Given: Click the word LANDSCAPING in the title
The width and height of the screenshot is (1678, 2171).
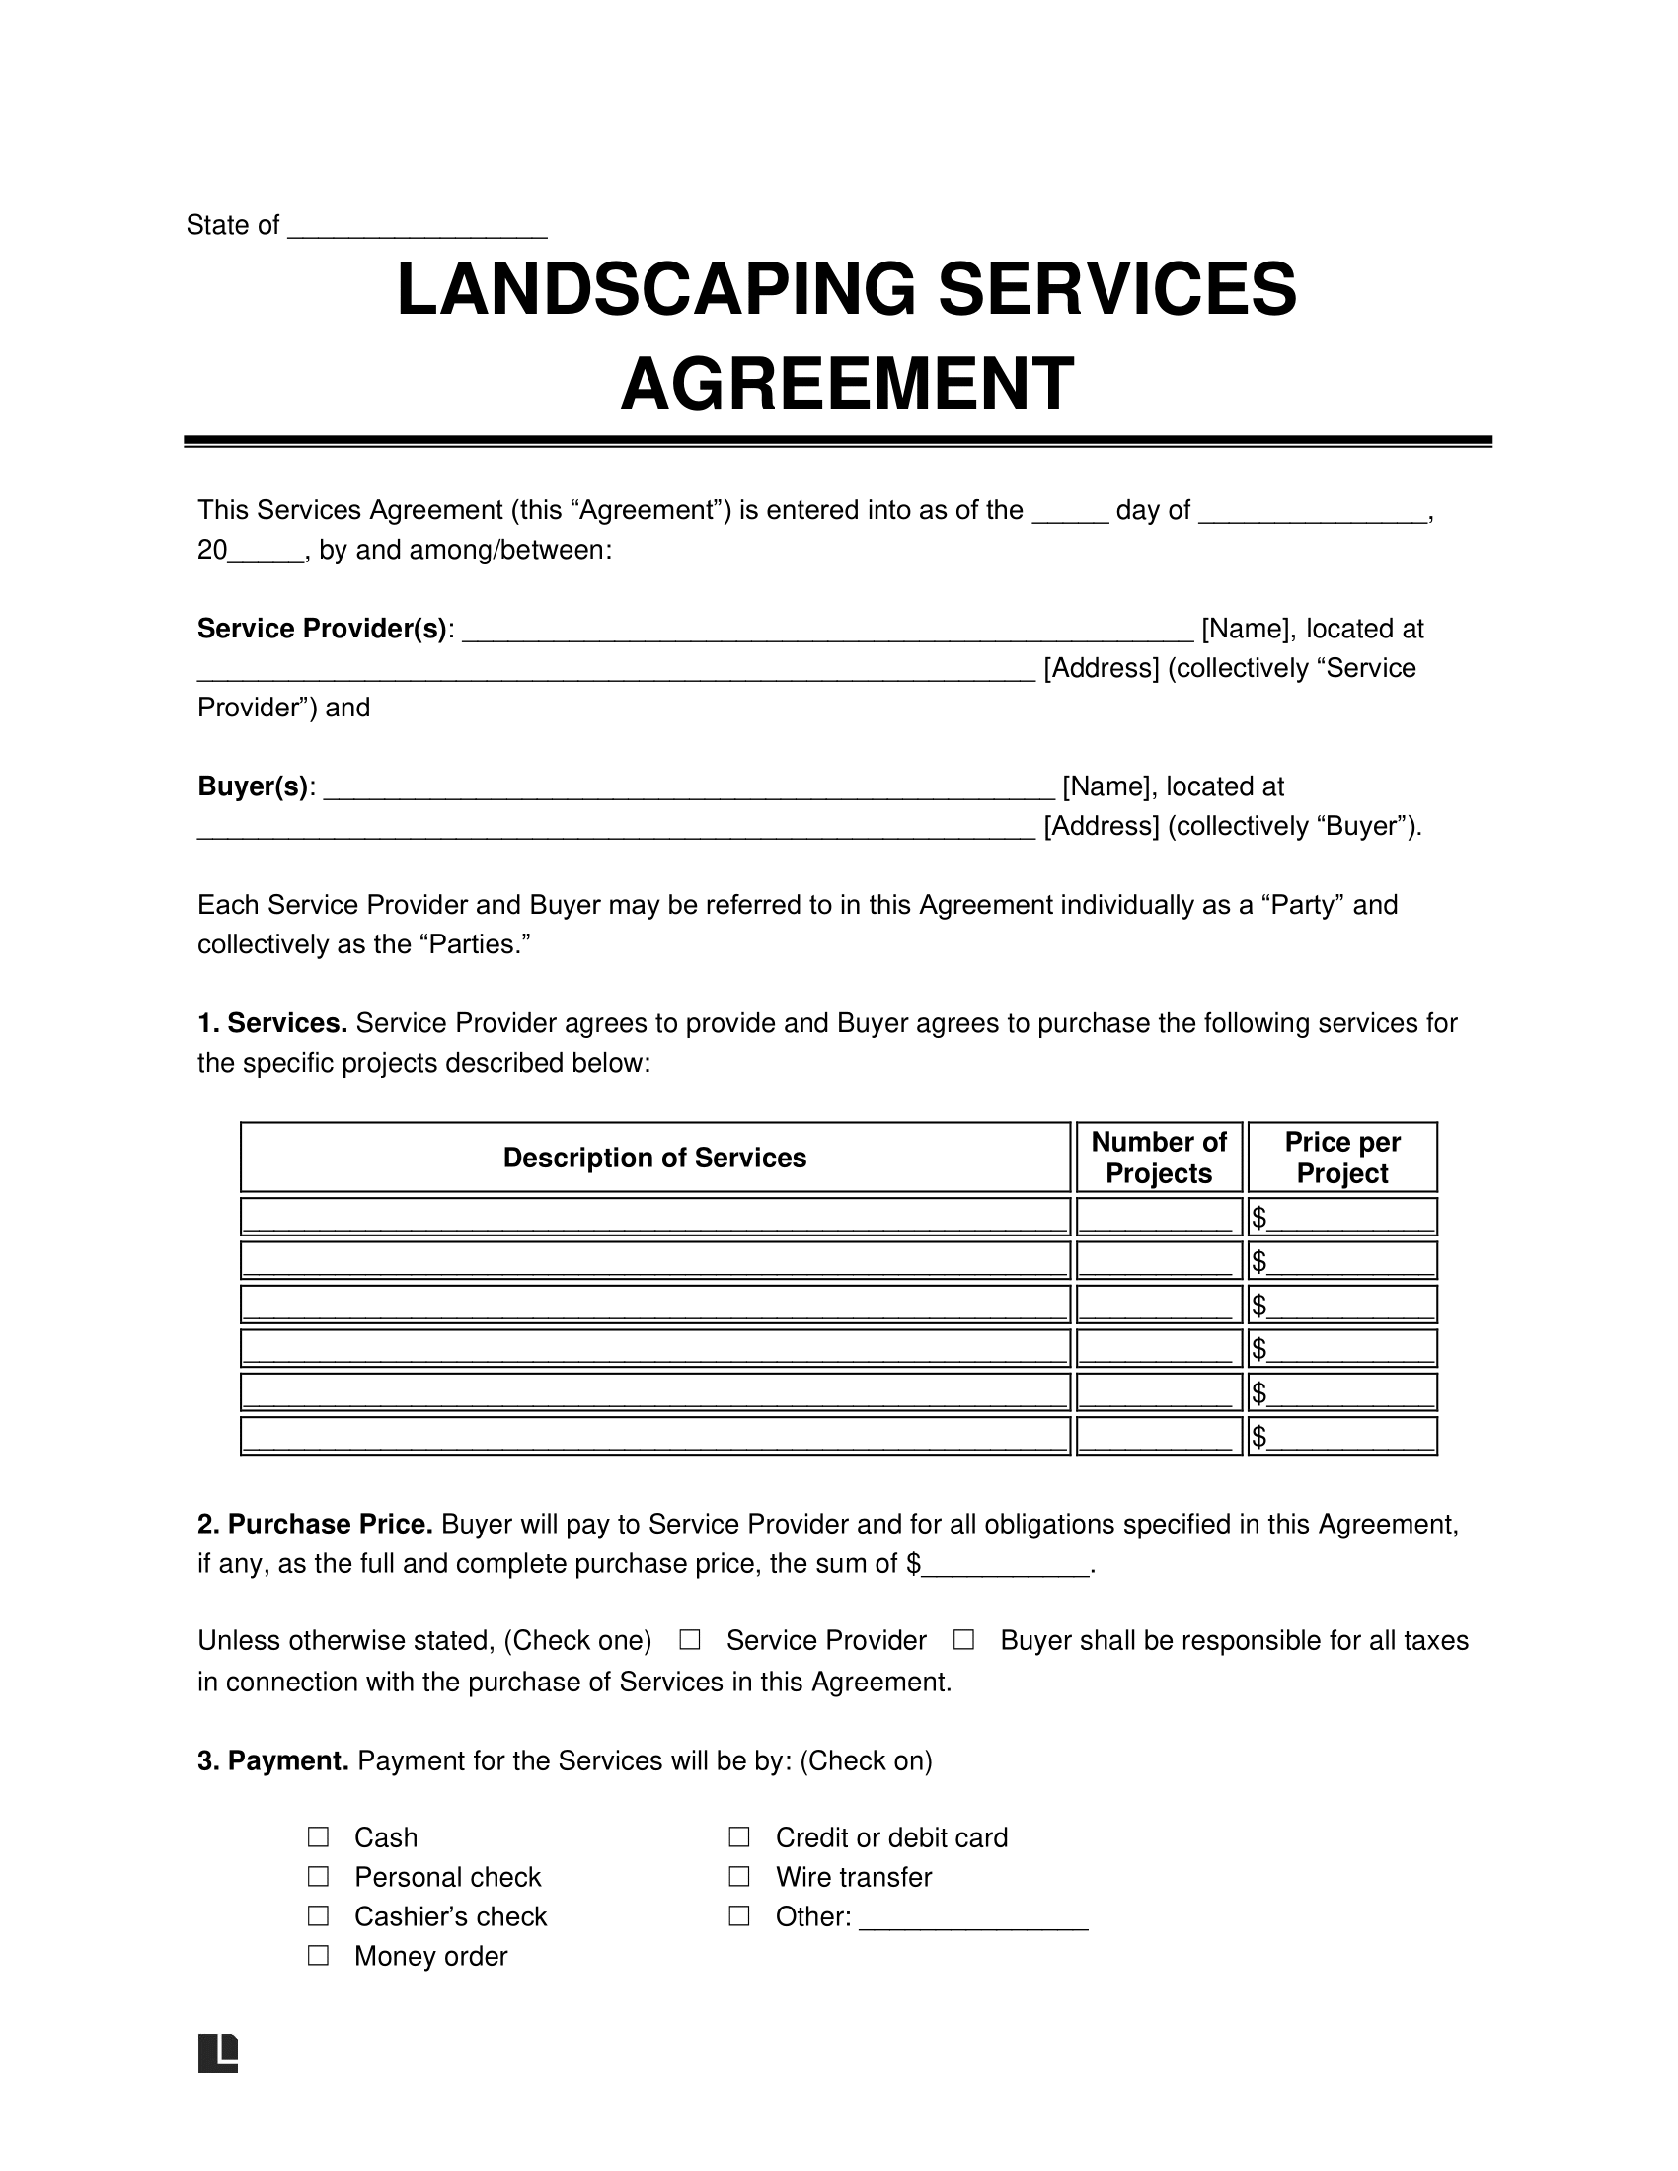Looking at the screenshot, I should [655, 289].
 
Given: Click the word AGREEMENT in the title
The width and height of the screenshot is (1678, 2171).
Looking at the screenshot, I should [846, 384].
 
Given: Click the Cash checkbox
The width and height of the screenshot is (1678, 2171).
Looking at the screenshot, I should [318, 1836].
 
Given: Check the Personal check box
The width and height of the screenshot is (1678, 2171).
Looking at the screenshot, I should [318, 1876].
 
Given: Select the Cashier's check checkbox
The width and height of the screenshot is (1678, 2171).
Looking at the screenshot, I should [318, 1915].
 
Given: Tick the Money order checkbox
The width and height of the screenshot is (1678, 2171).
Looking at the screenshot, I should [318, 1955].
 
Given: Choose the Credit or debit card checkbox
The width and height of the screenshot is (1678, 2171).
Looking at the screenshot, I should [738, 1836].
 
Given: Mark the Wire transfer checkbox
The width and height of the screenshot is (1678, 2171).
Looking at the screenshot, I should [738, 1876].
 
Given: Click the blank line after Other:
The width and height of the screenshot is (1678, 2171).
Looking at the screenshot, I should [972, 1918].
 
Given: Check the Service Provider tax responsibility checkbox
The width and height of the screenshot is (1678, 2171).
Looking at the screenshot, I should [689, 1640].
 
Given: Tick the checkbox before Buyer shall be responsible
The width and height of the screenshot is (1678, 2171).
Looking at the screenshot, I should [962, 1640].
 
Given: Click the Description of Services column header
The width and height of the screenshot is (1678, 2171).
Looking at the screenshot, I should [654, 1158].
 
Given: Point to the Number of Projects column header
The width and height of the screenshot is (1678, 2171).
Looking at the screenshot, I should [1158, 1158].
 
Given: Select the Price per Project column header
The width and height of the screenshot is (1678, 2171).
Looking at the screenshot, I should [1342, 1158].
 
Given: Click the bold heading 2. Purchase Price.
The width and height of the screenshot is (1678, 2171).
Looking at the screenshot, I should [314, 1524].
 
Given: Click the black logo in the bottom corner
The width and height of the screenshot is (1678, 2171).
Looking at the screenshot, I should [218, 2054].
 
